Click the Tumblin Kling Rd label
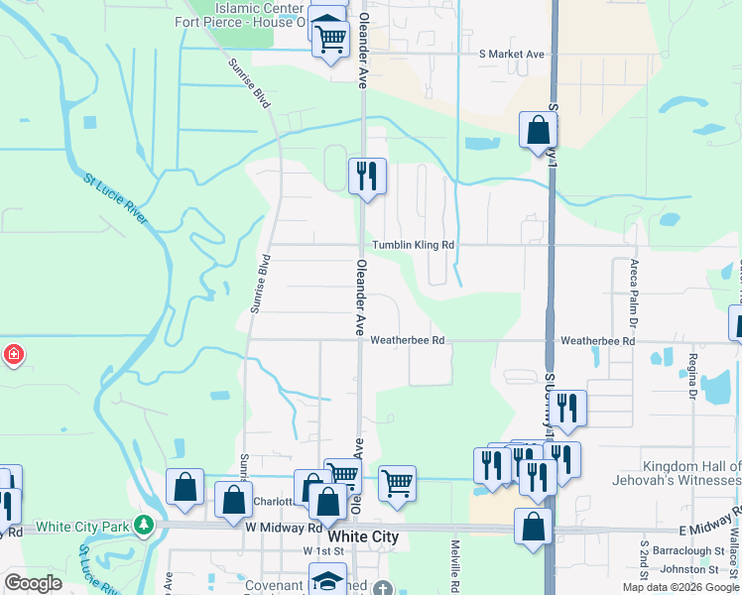413,245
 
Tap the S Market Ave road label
512,55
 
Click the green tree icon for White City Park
145,524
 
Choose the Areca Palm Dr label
632,294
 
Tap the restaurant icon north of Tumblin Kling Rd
367,177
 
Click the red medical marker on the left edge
14,354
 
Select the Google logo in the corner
33,582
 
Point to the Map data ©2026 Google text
680,587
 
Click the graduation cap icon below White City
327,580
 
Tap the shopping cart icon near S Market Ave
330,40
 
